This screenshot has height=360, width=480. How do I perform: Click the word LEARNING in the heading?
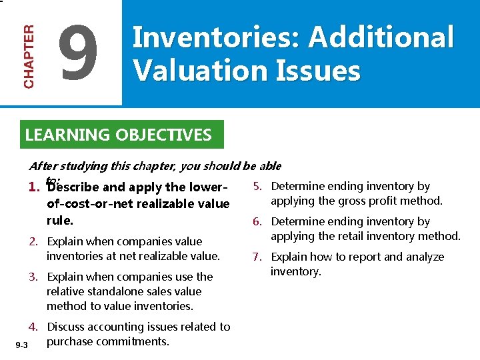pyautogui.click(x=67, y=135)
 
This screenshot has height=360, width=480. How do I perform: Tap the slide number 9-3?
pyautogui.click(x=21, y=345)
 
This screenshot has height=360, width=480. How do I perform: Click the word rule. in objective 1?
pyautogui.click(x=60, y=220)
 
